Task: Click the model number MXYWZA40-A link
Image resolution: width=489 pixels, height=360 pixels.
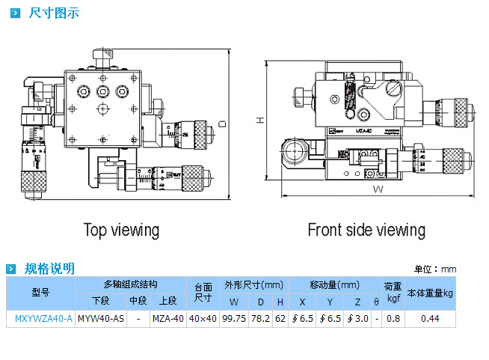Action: click(x=43, y=319)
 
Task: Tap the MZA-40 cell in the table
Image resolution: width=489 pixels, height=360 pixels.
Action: click(x=167, y=319)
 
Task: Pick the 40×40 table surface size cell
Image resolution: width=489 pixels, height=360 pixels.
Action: click(x=203, y=319)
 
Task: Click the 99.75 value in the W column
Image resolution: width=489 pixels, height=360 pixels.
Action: click(x=234, y=319)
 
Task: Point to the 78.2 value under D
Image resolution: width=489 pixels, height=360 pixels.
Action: click(x=261, y=319)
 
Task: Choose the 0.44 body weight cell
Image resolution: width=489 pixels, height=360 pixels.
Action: click(x=429, y=319)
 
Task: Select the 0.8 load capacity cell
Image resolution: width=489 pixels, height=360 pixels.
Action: click(x=393, y=319)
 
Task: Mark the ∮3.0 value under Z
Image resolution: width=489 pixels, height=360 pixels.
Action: click(x=357, y=319)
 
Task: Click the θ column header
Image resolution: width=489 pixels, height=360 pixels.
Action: click(x=376, y=302)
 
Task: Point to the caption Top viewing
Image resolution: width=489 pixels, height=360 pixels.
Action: click(x=121, y=230)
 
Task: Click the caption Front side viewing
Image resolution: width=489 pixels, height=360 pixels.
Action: click(x=366, y=230)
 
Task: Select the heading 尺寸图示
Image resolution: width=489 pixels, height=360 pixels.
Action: click(x=53, y=13)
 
